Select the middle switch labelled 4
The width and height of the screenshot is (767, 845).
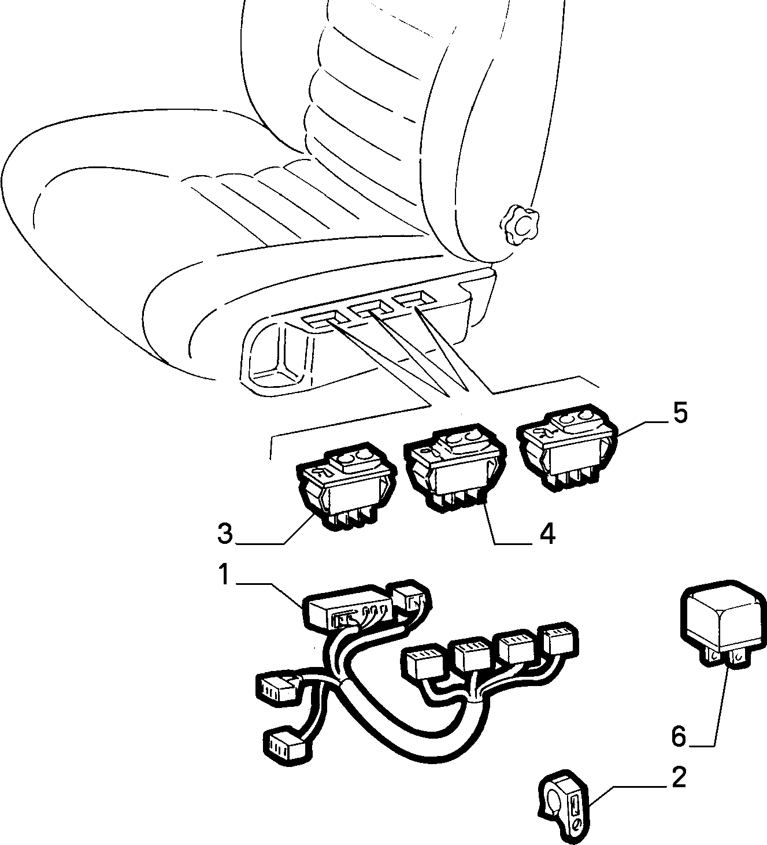coord(455,465)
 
